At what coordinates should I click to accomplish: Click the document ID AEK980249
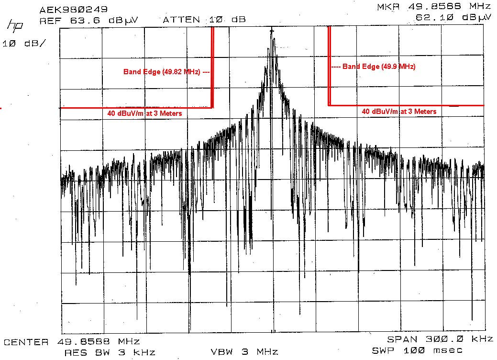coord(74,9)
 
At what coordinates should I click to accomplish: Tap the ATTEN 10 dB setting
coord(204,20)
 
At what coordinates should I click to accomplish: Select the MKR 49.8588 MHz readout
coord(434,7)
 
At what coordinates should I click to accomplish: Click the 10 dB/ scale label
coord(25,44)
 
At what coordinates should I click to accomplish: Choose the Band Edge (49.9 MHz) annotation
coord(374,67)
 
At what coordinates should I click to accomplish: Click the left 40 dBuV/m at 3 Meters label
coord(145,113)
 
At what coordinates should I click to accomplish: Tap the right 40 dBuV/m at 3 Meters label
coord(399,112)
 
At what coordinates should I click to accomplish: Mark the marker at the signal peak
coord(272,32)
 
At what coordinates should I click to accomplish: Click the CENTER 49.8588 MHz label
coord(72,342)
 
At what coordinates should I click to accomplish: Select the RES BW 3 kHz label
coord(110,352)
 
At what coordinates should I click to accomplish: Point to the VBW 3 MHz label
coord(244,352)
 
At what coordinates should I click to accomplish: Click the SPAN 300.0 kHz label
coord(440,339)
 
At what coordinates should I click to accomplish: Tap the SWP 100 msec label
coord(425,350)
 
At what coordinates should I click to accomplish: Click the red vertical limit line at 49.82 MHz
coord(212,67)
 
